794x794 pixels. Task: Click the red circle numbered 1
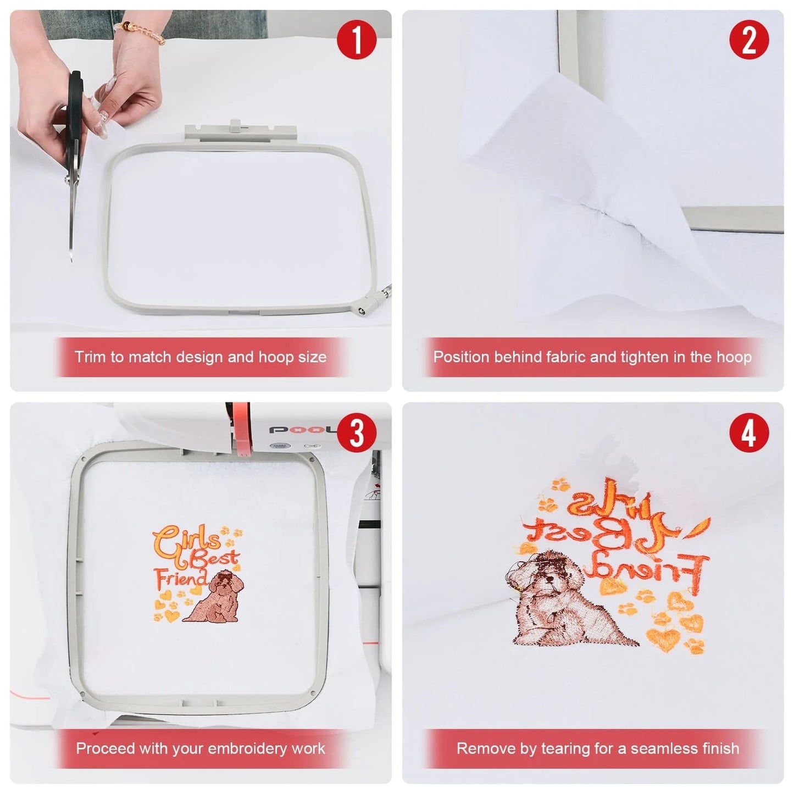click(357, 40)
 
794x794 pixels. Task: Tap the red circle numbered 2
click(749, 40)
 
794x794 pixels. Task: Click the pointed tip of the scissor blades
click(71, 259)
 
